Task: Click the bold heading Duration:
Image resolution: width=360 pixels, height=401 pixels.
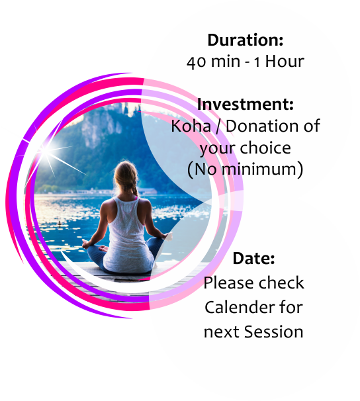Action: coord(246,40)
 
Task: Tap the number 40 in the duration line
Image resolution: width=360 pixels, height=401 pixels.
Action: coord(196,62)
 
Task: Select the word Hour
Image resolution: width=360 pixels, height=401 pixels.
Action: coord(285,62)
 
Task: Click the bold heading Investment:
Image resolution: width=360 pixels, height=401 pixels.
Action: coord(246,105)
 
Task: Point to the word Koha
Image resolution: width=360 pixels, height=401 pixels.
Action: coord(191,126)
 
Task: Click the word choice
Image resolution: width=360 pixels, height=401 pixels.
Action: coord(265,148)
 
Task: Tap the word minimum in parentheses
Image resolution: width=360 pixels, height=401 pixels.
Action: coord(260,169)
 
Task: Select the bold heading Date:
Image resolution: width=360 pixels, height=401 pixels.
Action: coord(253,258)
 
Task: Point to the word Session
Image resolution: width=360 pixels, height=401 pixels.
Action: coord(273,332)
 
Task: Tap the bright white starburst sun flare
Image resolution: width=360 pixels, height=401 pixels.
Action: coord(47,152)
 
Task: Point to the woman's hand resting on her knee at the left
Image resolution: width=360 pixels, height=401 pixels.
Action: coord(86,244)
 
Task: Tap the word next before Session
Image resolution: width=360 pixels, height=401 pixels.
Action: coord(222,332)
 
